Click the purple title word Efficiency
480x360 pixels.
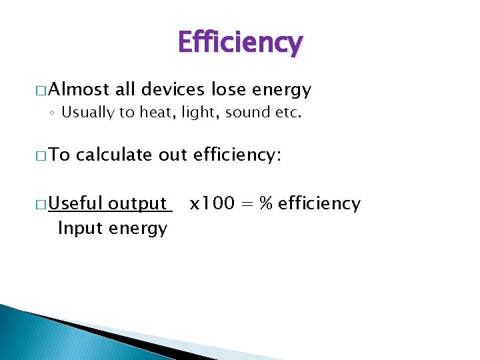click(240, 43)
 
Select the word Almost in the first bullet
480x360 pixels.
click(79, 89)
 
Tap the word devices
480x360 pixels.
click(173, 89)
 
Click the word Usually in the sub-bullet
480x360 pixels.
click(88, 113)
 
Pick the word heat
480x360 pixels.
click(155, 113)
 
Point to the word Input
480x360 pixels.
click(75, 228)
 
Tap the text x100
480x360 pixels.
click(211, 203)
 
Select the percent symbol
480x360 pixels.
click(266, 203)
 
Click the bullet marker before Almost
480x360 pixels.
click(41, 90)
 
